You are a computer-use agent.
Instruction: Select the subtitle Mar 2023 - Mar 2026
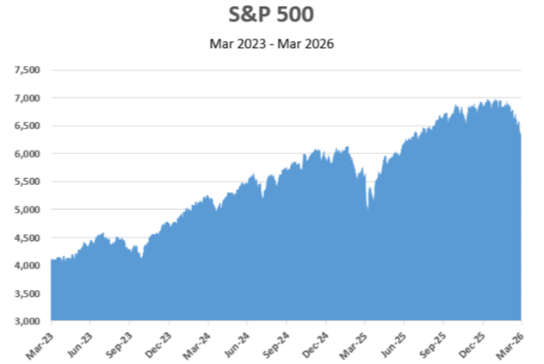point(271,43)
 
